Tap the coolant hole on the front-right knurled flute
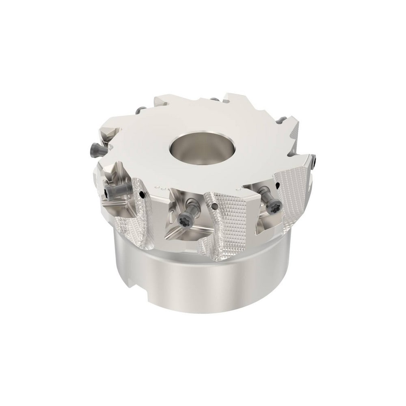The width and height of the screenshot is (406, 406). (x=277, y=185)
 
